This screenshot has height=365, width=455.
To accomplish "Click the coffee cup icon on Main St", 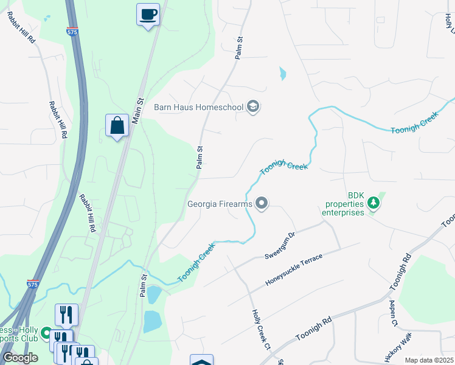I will click(x=148, y=13).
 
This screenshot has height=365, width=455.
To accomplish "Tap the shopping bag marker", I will click(x=117, y=125).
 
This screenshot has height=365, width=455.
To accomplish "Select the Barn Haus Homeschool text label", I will click(x=198, y=108).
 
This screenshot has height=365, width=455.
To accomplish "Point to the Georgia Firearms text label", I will click(x=220, y=204).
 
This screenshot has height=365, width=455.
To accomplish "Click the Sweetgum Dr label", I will click(x=280, y=245).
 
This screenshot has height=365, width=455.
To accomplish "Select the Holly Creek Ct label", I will click(x=260, y=330).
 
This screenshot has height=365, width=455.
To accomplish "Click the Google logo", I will click(x=20, y=357).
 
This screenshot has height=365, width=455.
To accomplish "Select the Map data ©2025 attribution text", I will click(x=429, y=360).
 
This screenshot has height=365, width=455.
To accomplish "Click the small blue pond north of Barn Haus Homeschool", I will click(x=282, y=74).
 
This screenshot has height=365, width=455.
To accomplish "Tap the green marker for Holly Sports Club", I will click(x=46, y=334).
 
